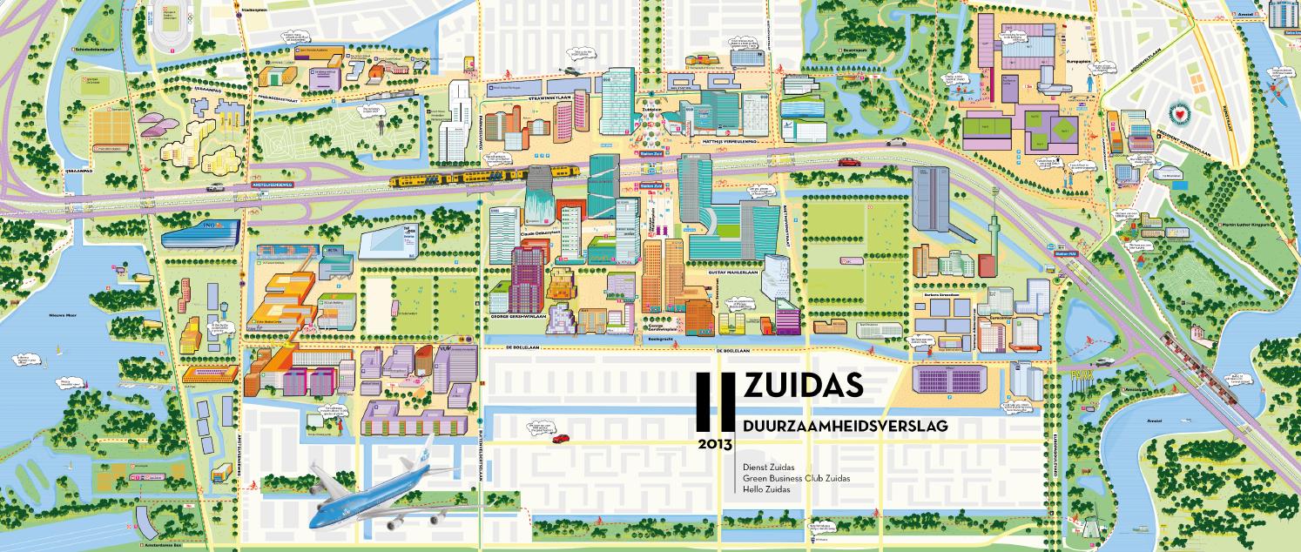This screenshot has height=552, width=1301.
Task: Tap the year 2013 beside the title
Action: (x=715, y=443)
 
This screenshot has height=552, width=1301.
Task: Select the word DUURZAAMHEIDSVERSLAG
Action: (x=845, y=426)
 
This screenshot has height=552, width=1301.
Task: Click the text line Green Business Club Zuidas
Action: (x=796, y=478)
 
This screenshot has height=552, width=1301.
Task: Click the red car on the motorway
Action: (x=847, y=161)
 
